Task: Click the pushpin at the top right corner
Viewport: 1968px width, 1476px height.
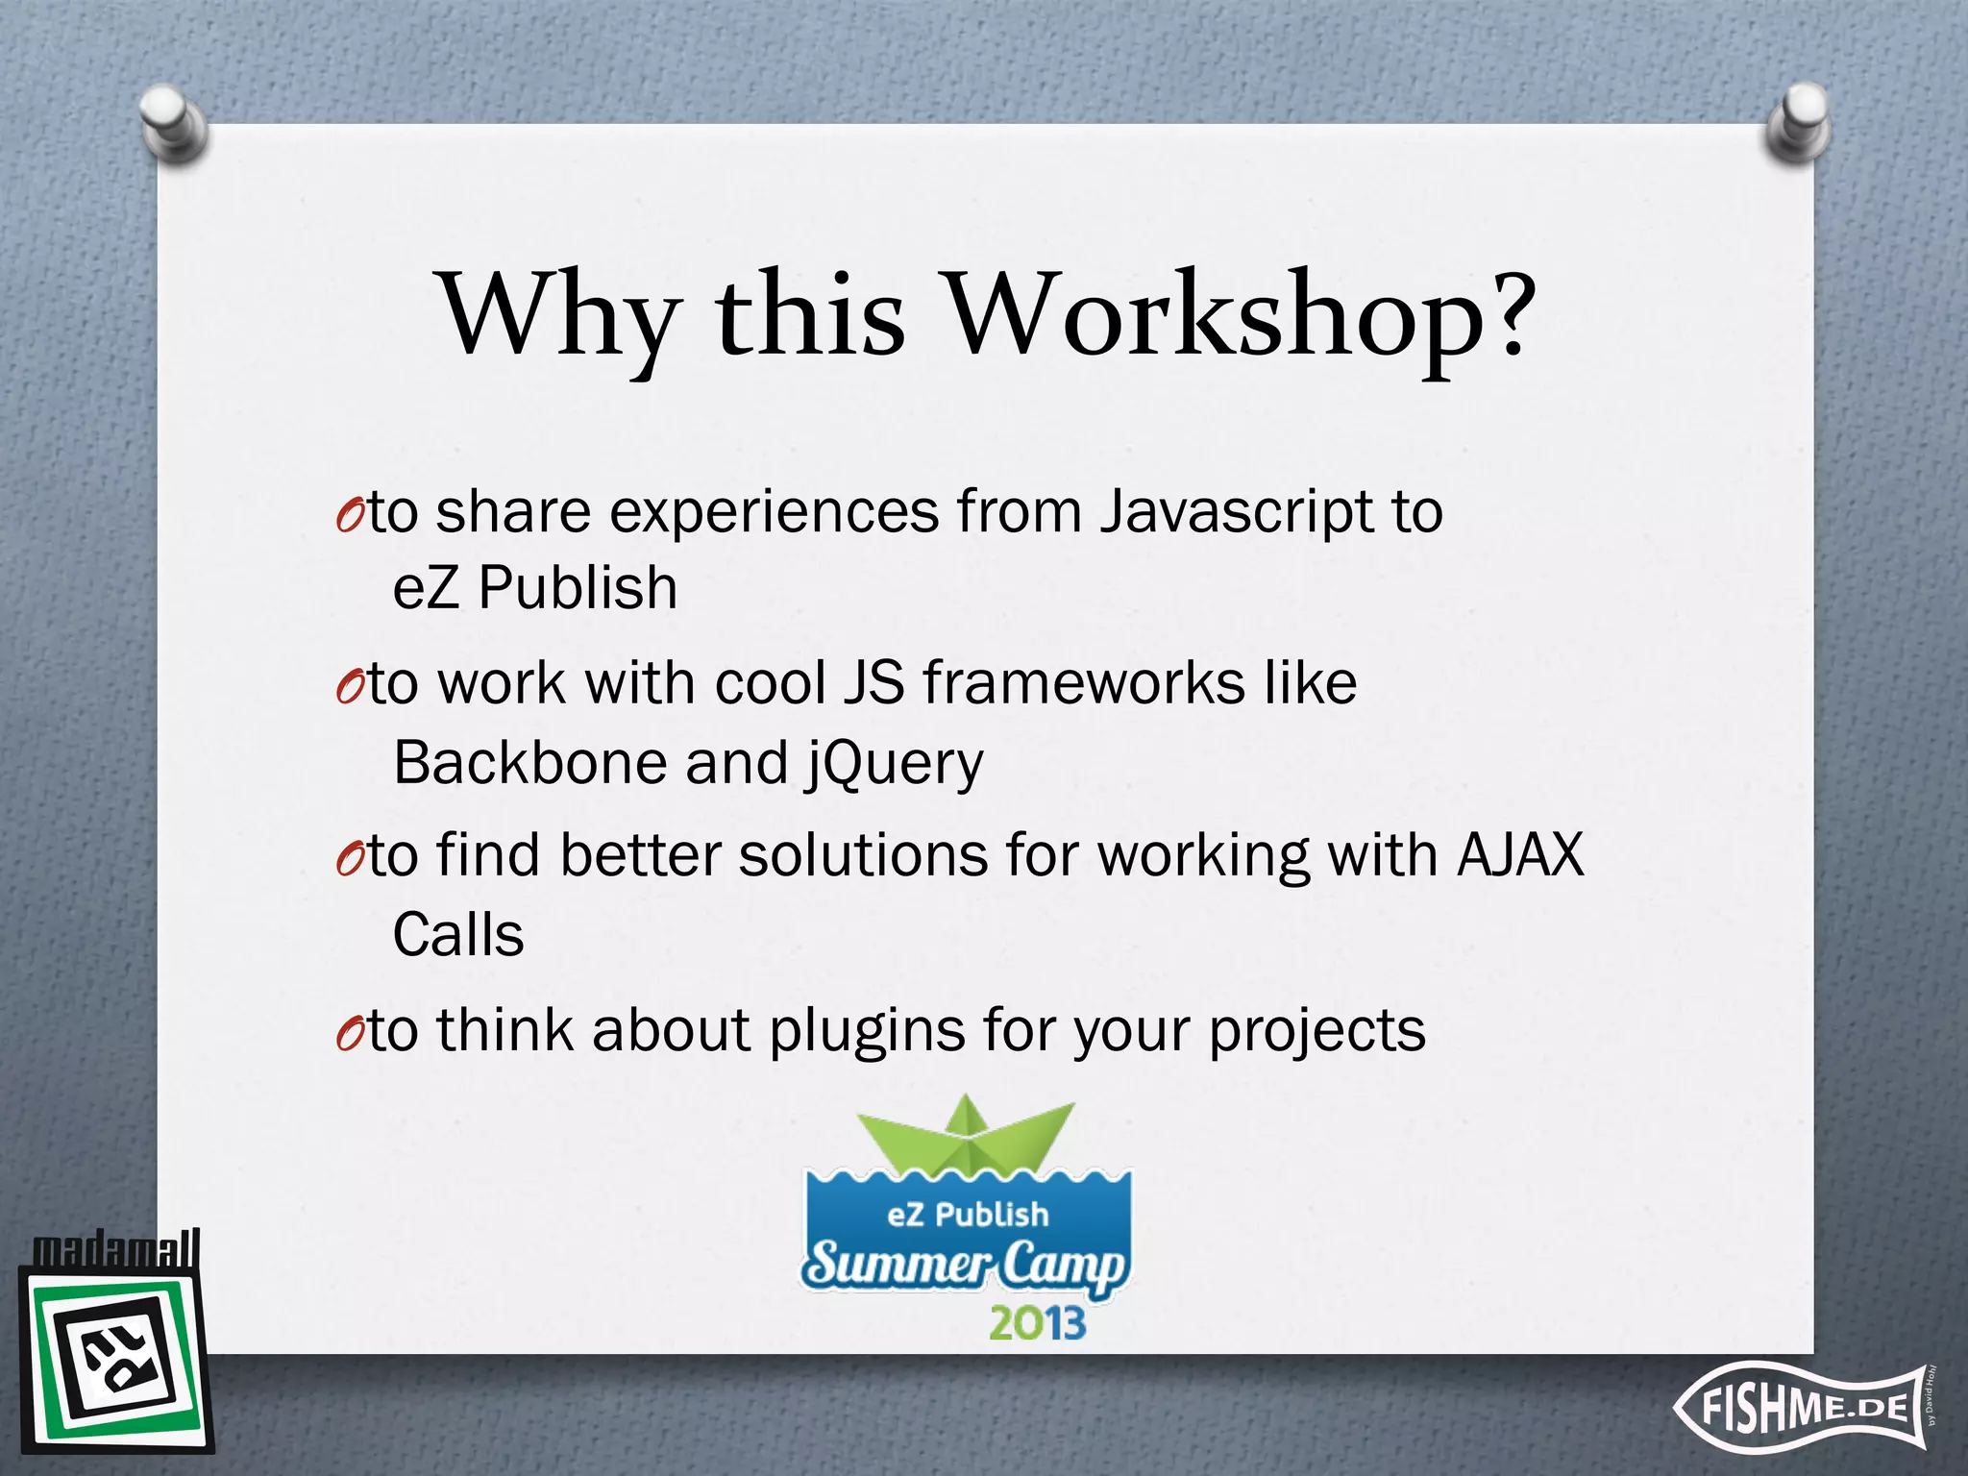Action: click(x=1798, y=123)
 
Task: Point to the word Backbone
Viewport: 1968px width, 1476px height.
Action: click(x=529, y=763)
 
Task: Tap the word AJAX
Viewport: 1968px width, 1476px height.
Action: click(x=1519, y=854)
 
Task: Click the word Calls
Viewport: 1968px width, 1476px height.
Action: click(x=458, y=935)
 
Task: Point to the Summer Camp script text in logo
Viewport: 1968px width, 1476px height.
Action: click(x=965, y=1266)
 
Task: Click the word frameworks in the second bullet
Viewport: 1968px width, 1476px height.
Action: click(x=1083, y=684)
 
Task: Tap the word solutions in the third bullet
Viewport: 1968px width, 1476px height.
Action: click(x=862, y=855)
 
